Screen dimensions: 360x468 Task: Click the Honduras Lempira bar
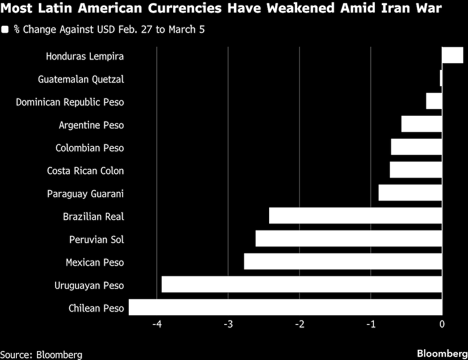[x=453, y=55]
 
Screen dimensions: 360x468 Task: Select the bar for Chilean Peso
[x=285, y=307]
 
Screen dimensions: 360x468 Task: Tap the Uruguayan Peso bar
[x=302, y=284]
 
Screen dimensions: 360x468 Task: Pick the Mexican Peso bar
[x=343, y=261]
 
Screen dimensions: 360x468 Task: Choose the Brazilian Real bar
[x=356, y=216]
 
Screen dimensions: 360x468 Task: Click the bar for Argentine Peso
[x=422, y=124]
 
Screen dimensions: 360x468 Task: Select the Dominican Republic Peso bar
[x=434, y=101]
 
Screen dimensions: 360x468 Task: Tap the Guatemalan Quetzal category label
[x=81, y=79]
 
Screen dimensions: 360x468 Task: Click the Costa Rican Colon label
[x=85, y=171]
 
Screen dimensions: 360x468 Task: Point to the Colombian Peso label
[x=89, y=148]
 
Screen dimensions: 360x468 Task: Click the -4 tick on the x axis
[x=157, y=324]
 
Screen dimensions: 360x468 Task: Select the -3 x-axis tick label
[x=228, y=324]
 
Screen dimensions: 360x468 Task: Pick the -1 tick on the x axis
[x=371, y=324]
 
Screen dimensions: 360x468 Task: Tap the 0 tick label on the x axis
[x=442, y=324]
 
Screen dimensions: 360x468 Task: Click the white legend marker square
[x=5, y=29]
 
